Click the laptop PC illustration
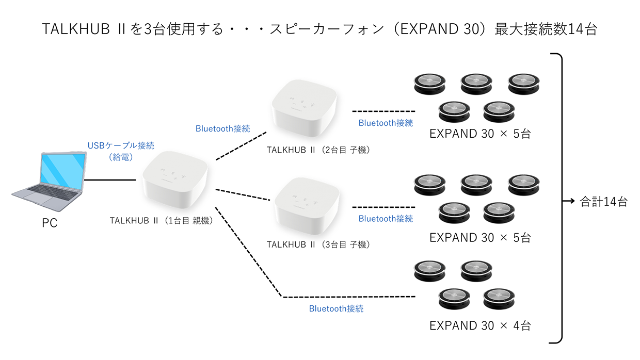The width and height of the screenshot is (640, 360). tap(50, 181)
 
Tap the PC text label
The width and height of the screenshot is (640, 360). tap(50, 223)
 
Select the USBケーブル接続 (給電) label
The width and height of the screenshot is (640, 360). tap(121, 152)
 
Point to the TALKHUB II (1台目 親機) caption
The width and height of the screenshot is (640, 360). tap(161, 220)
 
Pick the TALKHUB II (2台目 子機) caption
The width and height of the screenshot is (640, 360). tap(318, 150)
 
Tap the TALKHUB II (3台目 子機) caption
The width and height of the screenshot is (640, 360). tap(318, 244)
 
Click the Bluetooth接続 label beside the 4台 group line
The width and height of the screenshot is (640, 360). tap(336, 309)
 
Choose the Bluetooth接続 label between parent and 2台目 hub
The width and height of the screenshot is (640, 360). tap(222, 129)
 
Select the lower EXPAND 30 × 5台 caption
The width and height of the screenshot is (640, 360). tap(480, 238)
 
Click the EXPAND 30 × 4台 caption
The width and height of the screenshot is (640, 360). tap(480, 325)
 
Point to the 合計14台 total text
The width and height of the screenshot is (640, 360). tap(604, 202)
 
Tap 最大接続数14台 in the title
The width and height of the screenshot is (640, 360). tap(546, 29)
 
